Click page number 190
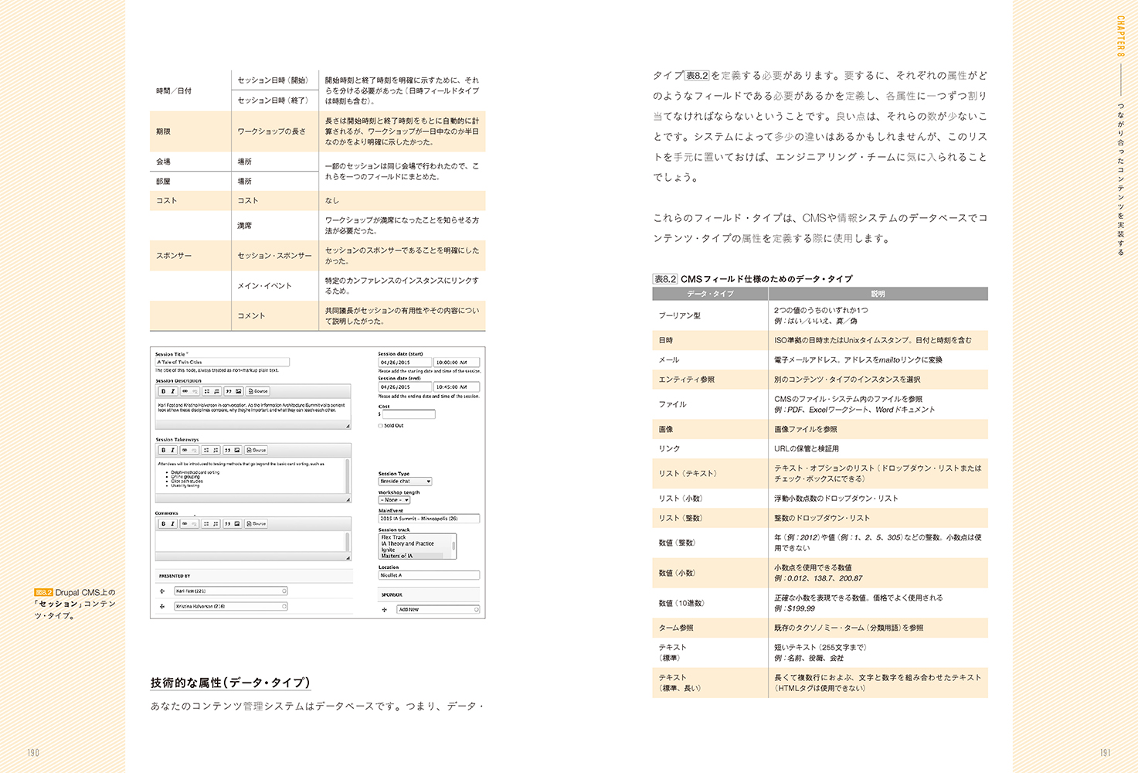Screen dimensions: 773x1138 pos(32,753)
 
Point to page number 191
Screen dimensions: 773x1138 pos(1105,753)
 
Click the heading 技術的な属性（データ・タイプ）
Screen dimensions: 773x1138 pos(230,683)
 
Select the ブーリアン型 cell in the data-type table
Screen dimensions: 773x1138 pos(680,315)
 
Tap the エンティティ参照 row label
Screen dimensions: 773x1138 pos(687,380)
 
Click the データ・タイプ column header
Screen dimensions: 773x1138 pos(710,294)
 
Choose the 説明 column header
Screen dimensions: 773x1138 pos(878,294)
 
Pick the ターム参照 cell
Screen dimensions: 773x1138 pos(676,628)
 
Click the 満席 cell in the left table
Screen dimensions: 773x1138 pos(245,226)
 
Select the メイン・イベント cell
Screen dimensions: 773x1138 pos(264,285)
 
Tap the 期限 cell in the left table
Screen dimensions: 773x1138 pos(163,131)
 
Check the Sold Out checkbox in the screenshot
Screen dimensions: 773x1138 pos(381,426)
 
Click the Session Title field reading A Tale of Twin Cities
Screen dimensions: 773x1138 pos(223,362)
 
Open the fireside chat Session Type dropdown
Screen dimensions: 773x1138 pos(405,482)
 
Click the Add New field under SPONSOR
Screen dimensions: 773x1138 pos(437,610)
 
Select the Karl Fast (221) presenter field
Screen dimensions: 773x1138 pos(230,591)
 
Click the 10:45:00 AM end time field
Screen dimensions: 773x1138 pos(457,387)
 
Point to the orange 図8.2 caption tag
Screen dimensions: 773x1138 pos(43,592)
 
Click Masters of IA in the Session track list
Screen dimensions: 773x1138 pos(397,556)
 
